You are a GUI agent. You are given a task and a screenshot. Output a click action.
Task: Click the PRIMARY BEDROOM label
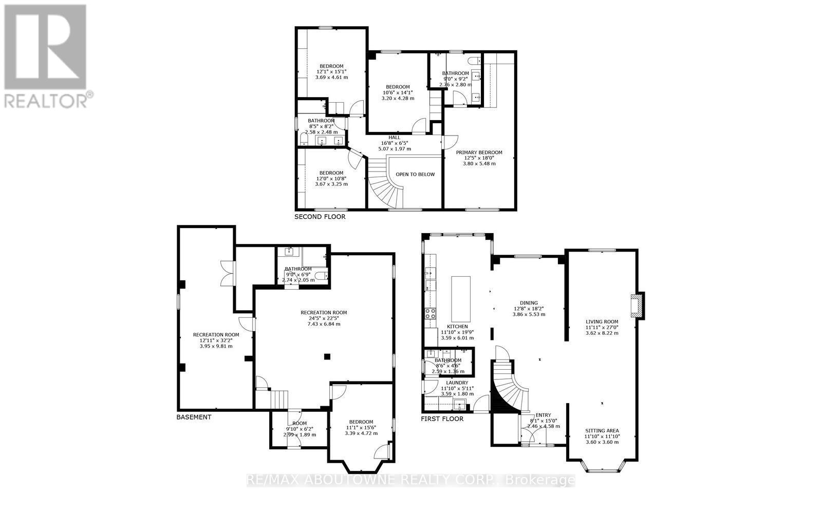[479, 153]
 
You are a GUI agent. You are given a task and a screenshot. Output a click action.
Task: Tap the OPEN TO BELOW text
[415, 174]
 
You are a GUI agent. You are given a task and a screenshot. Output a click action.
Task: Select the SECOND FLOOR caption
[320, 217]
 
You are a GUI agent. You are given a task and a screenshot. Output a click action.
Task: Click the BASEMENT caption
[194, 417]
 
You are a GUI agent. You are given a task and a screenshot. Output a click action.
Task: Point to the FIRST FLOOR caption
[442, 419]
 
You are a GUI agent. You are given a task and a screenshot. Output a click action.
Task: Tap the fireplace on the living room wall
[638, 306]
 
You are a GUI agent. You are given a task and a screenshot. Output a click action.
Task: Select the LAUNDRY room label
[457, 383]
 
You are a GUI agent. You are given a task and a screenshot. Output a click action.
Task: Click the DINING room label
[529, 303]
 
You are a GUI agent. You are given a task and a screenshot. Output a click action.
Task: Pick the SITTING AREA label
[602, 431]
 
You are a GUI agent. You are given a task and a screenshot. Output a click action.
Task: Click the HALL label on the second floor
[394, 137]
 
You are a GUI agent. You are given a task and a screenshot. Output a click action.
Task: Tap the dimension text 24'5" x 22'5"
[324, 318]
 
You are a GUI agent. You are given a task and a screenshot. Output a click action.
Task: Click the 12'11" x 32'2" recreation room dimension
[216, 340]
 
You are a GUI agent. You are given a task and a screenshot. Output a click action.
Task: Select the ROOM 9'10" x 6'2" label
[299, 424]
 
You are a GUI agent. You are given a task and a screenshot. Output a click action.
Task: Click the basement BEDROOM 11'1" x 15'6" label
[361, 422]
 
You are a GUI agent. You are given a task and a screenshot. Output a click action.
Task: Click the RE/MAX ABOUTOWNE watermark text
[411, 481]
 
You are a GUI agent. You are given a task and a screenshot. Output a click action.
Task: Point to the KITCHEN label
[457, 326]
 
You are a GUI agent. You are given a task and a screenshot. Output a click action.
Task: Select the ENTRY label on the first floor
[543, 415]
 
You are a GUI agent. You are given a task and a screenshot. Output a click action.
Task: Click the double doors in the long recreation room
[227, 273]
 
